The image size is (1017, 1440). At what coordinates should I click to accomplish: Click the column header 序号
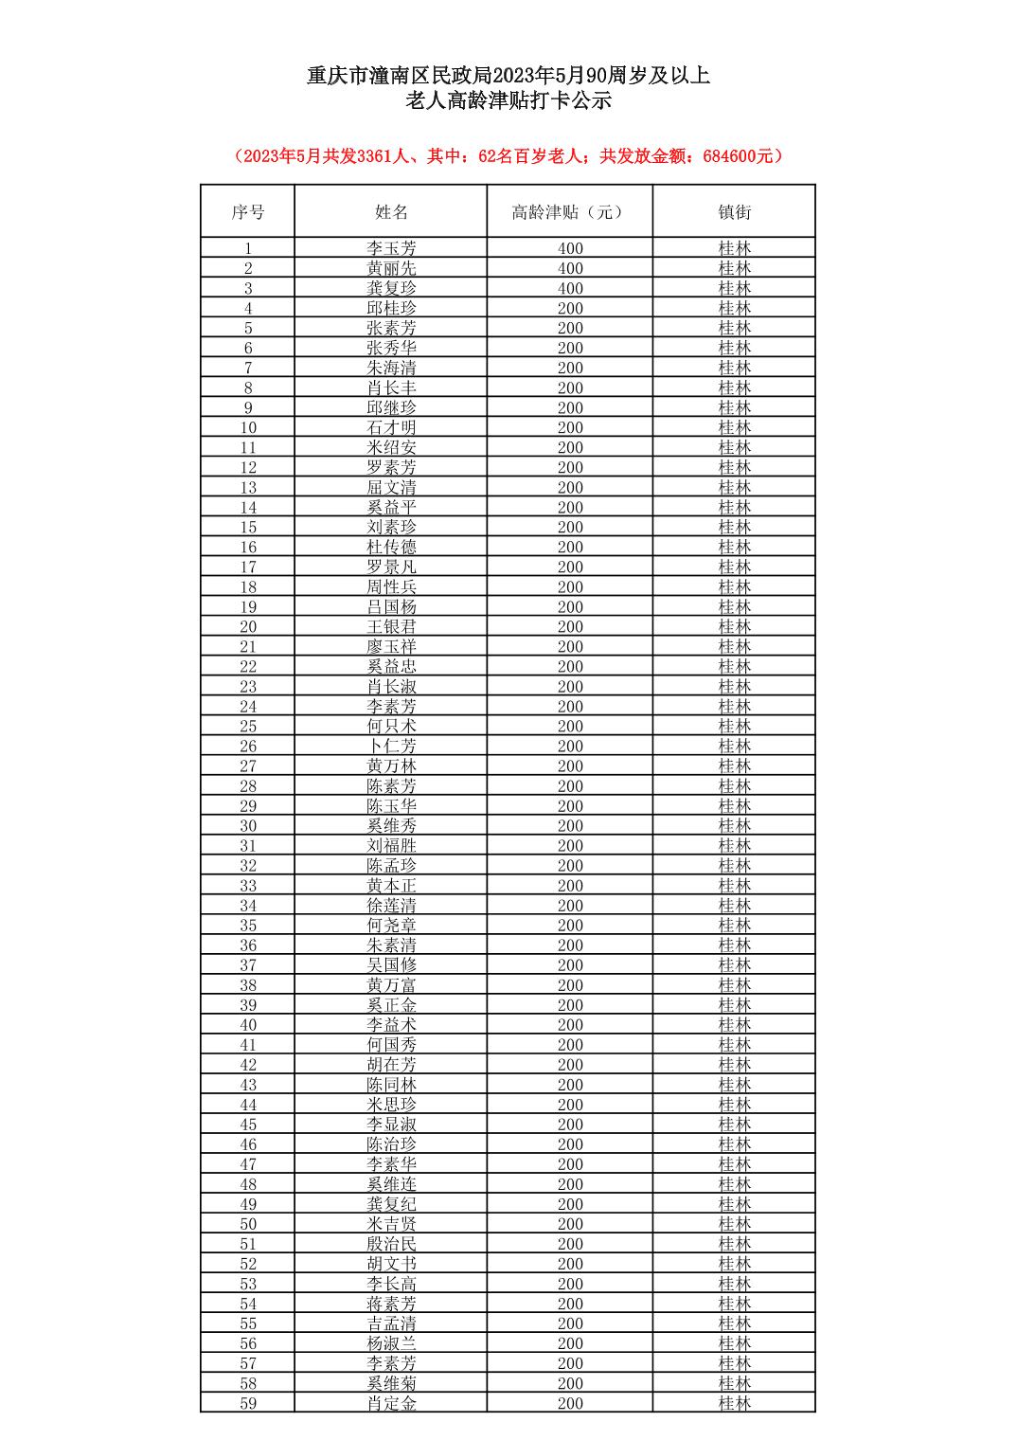(x=248, y=212)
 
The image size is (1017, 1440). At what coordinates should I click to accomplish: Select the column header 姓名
(x=391, y=212)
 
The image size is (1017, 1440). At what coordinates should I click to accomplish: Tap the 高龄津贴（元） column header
(x=569, y=212)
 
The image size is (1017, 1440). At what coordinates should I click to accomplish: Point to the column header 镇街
(x=734, y=212)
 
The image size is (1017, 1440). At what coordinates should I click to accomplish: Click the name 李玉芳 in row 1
(x=391, y=248)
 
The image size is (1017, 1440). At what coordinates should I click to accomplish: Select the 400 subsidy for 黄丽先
(x=570, y=268)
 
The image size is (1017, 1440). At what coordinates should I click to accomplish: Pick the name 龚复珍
(x=391, y=288)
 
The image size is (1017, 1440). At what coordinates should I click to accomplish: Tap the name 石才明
(x=391, y=427)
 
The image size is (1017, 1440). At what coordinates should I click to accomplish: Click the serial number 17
(x=248, y=567)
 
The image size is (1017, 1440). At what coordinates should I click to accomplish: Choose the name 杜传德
(x=391, y=547)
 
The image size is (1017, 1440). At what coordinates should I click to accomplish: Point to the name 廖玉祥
(x=391, y=646)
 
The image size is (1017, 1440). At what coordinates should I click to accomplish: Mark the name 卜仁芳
(x=391, y=746)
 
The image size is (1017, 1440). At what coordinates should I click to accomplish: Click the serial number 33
(x=248, y=886)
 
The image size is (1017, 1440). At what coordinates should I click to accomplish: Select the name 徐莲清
(x=391, y=906)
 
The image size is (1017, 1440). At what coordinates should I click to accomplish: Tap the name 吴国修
(x=391, y=965)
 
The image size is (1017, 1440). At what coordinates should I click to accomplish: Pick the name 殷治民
(x=391, y=1244)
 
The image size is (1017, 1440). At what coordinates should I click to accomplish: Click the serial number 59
(x=248, y=1403)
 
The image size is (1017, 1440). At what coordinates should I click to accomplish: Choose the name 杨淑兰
(x=391, y=1343)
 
